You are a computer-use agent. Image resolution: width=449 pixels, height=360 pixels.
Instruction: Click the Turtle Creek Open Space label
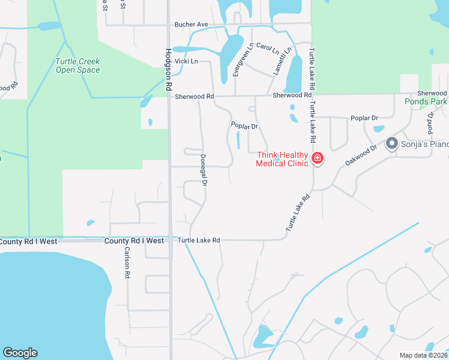coord(77,65)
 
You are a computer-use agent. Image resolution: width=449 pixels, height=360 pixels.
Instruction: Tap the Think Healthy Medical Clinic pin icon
coord(317,158)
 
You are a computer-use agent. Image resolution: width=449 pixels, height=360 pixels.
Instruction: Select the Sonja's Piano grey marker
coord(391,143)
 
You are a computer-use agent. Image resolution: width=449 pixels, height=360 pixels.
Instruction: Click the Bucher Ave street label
coord(191,25)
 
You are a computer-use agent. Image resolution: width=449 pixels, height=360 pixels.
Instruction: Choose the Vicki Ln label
coord(186,61)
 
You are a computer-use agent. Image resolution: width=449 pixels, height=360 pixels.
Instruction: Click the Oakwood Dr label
coord(360,155)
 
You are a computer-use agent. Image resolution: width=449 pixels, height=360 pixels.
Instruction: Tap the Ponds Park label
coord(426,101)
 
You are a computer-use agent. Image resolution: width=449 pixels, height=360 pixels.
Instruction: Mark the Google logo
coord(20,353)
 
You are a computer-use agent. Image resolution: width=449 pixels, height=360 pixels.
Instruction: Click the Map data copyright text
coord(423,355)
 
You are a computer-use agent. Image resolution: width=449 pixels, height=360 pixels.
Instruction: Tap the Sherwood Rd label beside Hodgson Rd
coord(194,96)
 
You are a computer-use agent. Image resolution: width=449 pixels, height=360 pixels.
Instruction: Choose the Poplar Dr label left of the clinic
coord(244,126)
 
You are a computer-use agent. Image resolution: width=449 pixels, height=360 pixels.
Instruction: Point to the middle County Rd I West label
coord(134,241)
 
